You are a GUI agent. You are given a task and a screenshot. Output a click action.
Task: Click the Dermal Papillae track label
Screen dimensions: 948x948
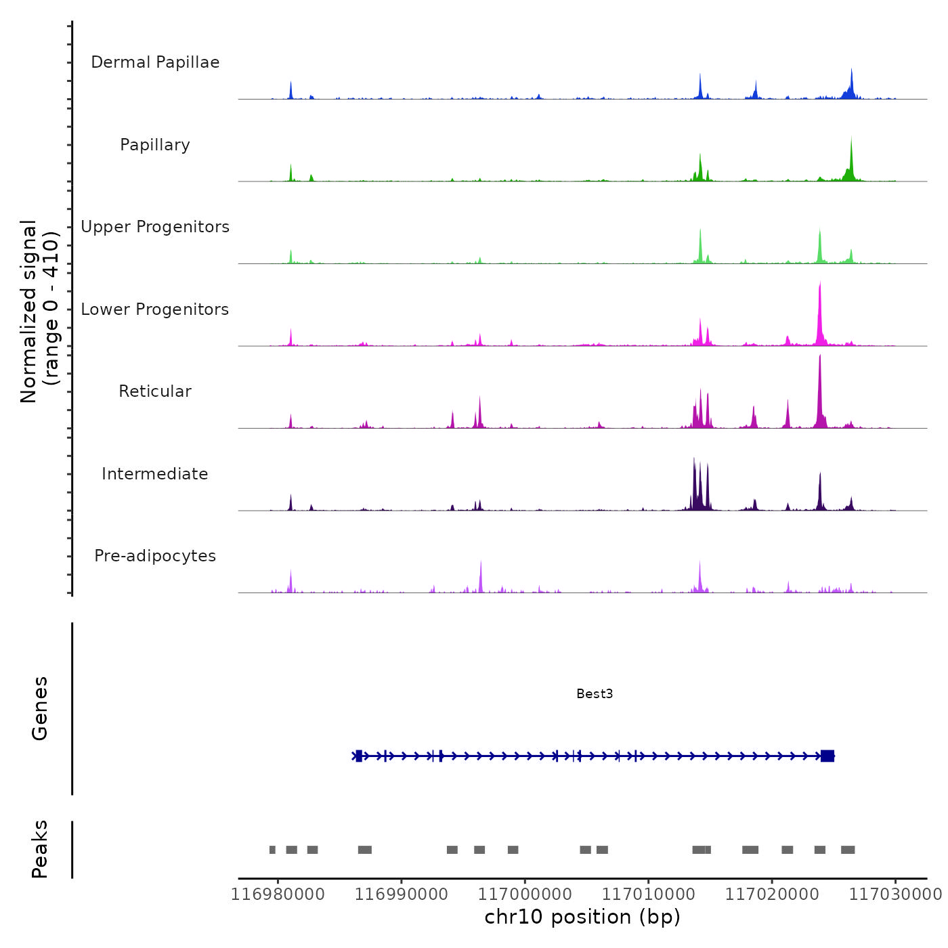click(155, 62)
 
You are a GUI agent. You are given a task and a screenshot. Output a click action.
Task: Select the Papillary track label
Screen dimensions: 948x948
click(155, 145)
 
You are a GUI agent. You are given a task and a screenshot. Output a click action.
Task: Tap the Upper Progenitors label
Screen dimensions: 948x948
click(155, 227)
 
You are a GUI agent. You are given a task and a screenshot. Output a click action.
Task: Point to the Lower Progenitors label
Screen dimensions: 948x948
click(155, 309)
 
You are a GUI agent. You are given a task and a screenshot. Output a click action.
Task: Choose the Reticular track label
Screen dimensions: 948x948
click(155, 391)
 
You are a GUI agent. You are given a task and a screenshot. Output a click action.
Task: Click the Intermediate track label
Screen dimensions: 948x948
click(155, 474)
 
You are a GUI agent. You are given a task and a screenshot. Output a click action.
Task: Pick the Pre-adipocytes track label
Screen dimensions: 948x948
click(155, 556)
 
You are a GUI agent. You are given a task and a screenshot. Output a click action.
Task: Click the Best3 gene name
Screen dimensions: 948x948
click(595, 693)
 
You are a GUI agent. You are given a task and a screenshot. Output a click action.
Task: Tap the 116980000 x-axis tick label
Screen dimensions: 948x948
click(278, 895)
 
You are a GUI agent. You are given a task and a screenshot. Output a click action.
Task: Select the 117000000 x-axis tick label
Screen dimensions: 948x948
click(525, 895)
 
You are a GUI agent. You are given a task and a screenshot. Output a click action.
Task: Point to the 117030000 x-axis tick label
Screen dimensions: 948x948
click(895, 895)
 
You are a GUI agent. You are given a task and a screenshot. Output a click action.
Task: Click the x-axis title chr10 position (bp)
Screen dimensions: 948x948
click(582, 917)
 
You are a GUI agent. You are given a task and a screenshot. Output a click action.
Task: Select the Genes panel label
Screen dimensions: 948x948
click(40, 708)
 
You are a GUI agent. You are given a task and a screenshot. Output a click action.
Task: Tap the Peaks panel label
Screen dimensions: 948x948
click(40, 849)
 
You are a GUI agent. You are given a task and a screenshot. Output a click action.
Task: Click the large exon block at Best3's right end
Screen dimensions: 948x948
click(827, 756)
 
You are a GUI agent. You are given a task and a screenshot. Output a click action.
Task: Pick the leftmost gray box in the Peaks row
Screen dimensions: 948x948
click(272, 850)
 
